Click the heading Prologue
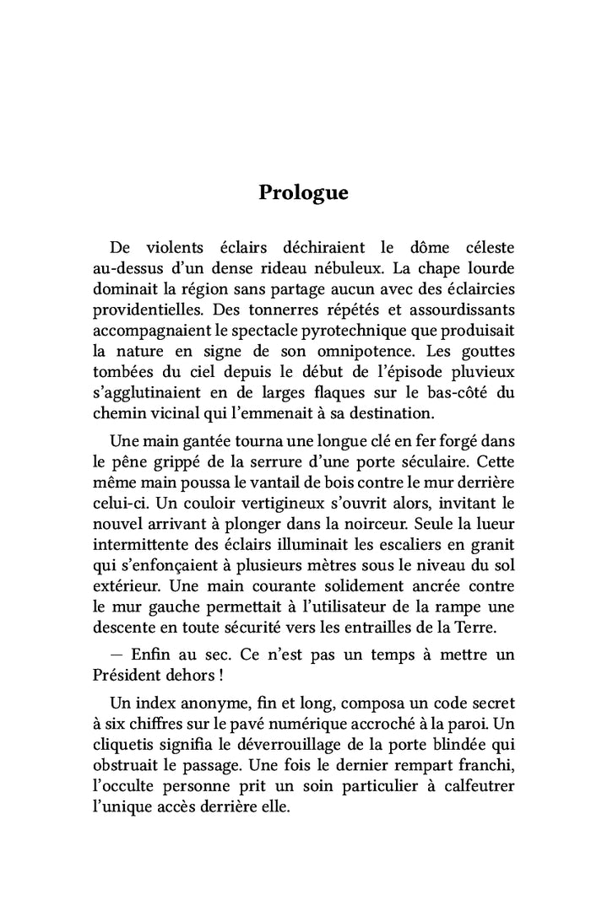pos(303,192)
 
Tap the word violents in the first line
pos(175,248)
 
